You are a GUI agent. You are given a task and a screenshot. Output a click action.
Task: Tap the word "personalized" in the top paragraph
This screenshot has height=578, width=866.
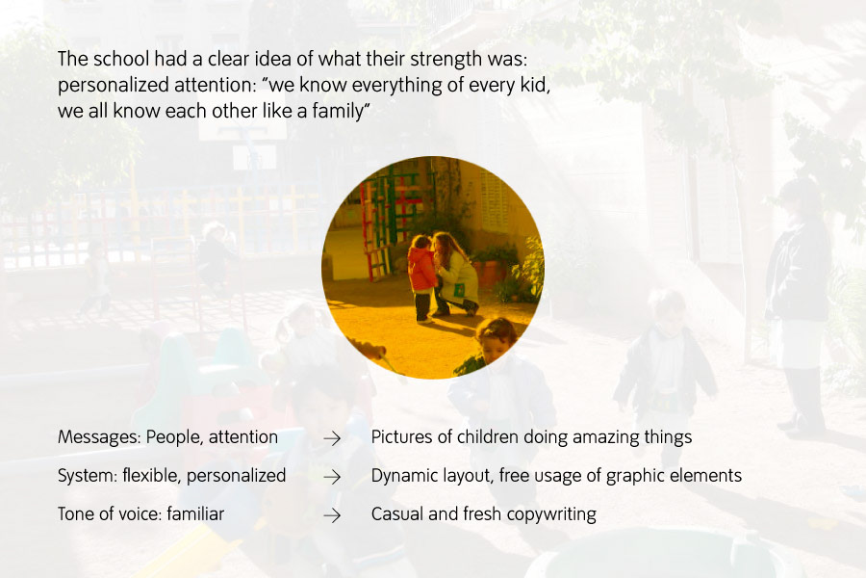[114, 86]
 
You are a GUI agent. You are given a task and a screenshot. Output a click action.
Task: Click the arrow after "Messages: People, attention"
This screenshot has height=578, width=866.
[332, 438]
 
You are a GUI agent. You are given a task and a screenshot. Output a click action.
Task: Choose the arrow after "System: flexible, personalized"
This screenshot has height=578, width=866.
[332, 477]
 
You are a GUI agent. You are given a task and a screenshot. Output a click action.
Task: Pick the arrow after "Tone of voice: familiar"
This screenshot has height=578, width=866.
[332, 515]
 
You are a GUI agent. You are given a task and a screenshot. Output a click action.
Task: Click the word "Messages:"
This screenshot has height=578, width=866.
[99, 437]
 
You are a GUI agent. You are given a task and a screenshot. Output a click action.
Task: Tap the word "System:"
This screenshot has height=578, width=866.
[88, 476]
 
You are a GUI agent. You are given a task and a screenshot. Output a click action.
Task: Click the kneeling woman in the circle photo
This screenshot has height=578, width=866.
[455, 275]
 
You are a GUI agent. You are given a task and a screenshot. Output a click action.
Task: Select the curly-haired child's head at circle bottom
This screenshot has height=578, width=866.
[496, 337]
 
